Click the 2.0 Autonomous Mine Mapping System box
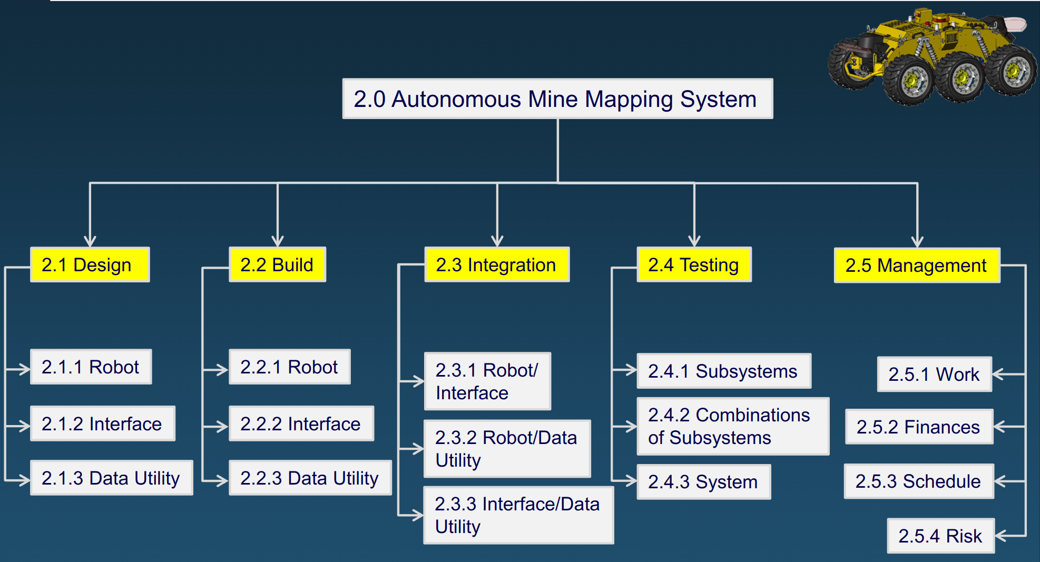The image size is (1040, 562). click(557, 99)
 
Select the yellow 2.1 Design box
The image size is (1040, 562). click(90, 264)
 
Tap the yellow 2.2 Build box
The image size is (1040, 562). click(277, 264)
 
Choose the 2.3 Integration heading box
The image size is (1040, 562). click(496, 264)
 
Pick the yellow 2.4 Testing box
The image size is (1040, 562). click(694, 264)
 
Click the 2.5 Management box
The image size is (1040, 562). click(917, 265)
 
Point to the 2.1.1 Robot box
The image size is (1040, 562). click(91, 367)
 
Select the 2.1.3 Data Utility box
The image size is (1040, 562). click(112, 478)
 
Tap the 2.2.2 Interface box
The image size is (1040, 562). click(301, 424)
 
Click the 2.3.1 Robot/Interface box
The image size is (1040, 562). click(487, 381)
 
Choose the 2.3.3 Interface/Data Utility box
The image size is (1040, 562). click(518, 515)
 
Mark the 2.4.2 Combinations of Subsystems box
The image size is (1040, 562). click(733, 427)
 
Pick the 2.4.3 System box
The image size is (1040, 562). click(703, 482)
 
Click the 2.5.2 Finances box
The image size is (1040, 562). click(919, 427)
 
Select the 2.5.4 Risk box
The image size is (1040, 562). click(940, 536)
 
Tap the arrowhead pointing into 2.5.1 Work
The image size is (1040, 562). click(997, 374)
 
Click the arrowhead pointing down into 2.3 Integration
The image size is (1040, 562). click(497, 241)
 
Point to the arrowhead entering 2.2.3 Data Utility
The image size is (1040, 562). click(222, 480)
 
